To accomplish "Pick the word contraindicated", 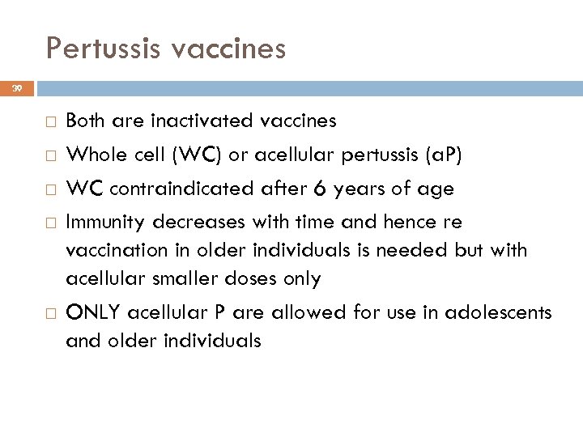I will click(169, 189).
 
